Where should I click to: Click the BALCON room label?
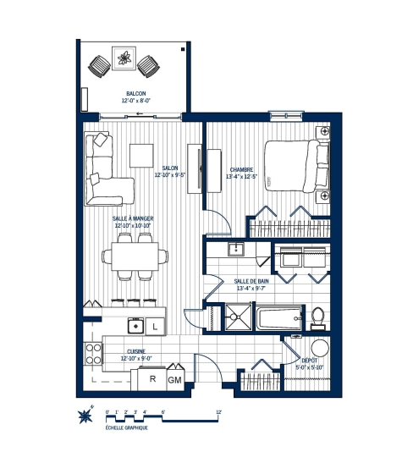pyautogui.click(x=135, y=93)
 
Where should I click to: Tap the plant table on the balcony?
pyautogui.click(x=125, y=60)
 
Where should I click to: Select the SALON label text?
pyautogui.click(x=170, y=168)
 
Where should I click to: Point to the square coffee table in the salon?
pyautogui.click(x=140, y=155)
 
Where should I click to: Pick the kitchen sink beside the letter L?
pyautogui.click(x=134, y=325)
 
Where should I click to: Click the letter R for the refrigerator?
pyautogui.click(x=151, y=379)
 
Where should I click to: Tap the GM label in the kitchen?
pyautogui.click(x=175, y=380)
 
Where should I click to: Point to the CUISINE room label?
pyautogui.click(x=135, y=350)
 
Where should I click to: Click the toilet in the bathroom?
pyautogui.click(x=317, y=316)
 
